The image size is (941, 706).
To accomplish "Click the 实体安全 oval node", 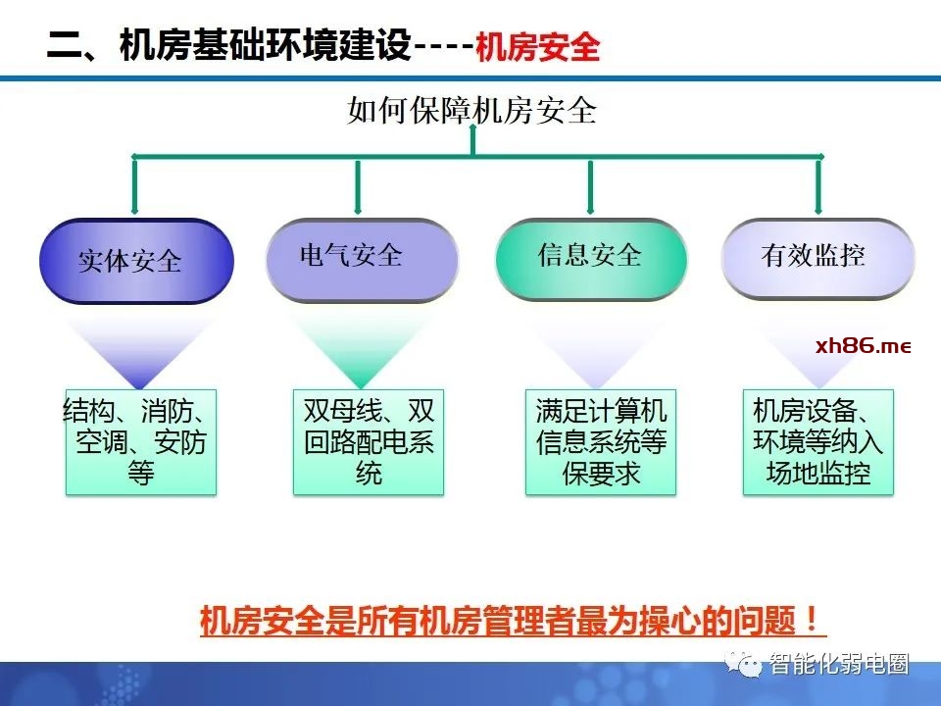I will (x=136, y=261).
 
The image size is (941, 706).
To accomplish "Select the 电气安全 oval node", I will (x=361, y=258).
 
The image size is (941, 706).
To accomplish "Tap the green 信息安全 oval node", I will (x=590, y=258).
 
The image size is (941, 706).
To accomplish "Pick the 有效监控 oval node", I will (x=817, y=258).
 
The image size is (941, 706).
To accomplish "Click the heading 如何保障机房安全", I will (x=471, y=110).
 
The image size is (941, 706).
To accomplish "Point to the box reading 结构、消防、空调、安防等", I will (x=140, y=441).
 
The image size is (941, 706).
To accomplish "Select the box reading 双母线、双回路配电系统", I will (x=369, y=441).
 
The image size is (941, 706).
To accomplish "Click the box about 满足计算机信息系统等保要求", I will (x=601, y=441).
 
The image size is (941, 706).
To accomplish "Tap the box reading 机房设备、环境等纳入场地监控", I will (x=818, y=441).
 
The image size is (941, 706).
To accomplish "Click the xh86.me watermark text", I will (x=863, y=346).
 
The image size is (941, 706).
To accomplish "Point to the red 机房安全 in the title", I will (x=537, y=47).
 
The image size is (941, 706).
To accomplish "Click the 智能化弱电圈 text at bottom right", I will (x=839, y=664).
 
